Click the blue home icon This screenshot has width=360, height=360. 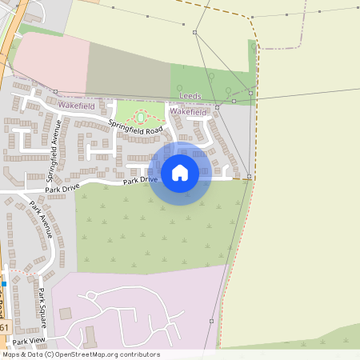180,173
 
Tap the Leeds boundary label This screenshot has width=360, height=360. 190,95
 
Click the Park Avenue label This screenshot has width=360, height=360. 42,218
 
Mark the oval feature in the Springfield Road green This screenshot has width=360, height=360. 141,117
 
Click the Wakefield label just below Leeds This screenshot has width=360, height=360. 189,113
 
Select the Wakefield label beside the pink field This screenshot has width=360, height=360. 76,106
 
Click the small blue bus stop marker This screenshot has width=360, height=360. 4,283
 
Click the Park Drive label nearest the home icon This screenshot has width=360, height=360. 141,182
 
